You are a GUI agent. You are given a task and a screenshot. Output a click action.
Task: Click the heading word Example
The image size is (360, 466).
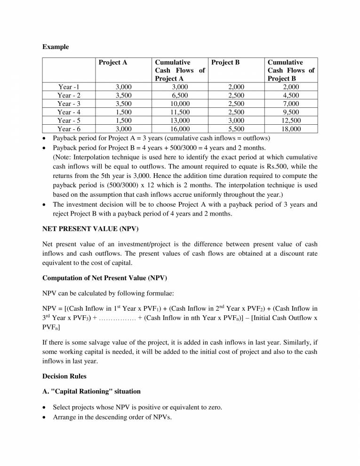pyautogui.click(x=56, y=47)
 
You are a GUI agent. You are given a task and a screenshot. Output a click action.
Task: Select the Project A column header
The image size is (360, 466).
pyautogui.click(x=112, y=62)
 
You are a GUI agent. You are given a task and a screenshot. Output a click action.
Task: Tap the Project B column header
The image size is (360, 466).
pyautogui.click(x=225, y=62)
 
